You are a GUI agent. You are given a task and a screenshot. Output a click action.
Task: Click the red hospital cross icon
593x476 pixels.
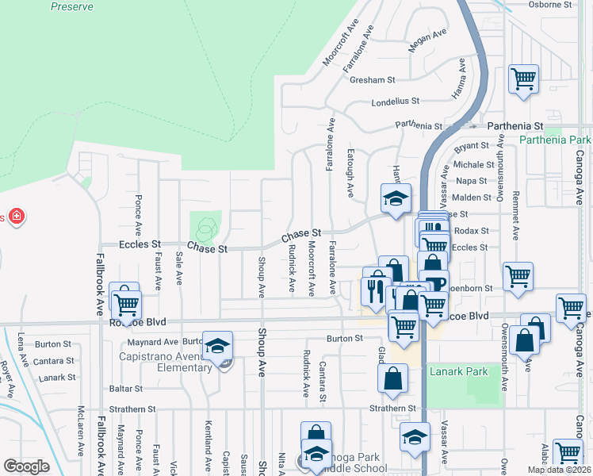15,216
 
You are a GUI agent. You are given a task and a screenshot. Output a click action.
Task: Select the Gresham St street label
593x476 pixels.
374,80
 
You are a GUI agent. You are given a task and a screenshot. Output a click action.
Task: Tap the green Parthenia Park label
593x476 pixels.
556,140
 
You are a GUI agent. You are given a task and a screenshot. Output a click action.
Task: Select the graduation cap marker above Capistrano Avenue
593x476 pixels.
217,345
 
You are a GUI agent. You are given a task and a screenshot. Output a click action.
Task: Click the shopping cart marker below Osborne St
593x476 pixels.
523,79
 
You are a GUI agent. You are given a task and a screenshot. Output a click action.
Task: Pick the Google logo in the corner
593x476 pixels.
27,466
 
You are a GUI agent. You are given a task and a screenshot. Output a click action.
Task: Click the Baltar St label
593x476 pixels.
127,389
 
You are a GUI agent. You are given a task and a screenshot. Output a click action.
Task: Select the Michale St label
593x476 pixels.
474,165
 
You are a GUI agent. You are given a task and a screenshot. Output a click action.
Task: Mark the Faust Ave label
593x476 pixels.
159,270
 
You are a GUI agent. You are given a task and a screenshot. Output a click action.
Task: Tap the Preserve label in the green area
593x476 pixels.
71,6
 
